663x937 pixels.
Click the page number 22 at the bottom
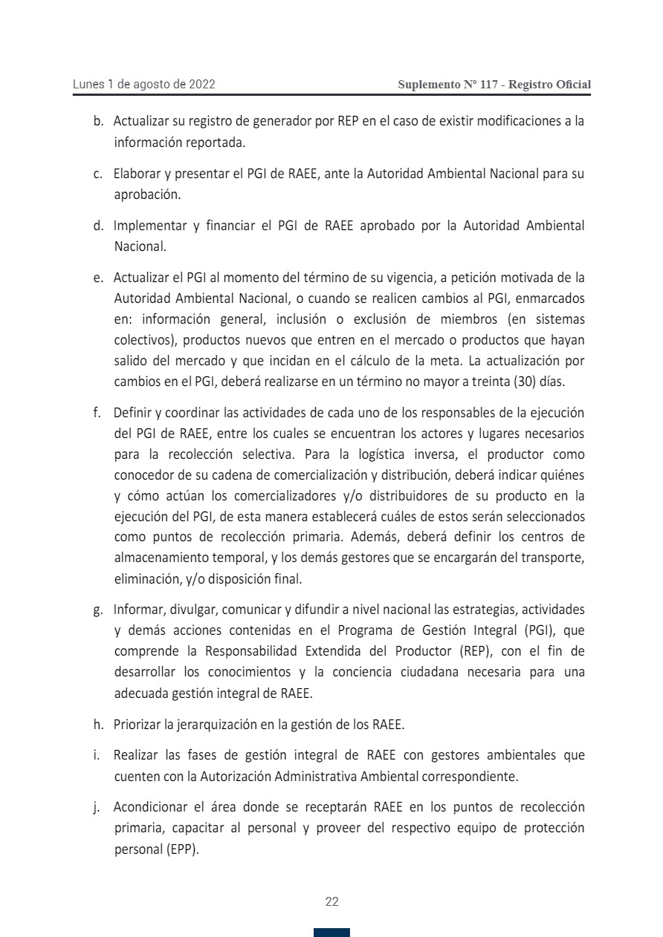(331, 902)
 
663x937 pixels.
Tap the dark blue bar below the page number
(331, 933)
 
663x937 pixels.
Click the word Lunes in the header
(88, 85)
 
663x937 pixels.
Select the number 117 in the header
(489, 85)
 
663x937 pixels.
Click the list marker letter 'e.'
(97, 278)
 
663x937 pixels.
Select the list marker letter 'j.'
(97, 807)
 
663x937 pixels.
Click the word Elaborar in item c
(136, 174)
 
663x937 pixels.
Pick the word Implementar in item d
(146, 226)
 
